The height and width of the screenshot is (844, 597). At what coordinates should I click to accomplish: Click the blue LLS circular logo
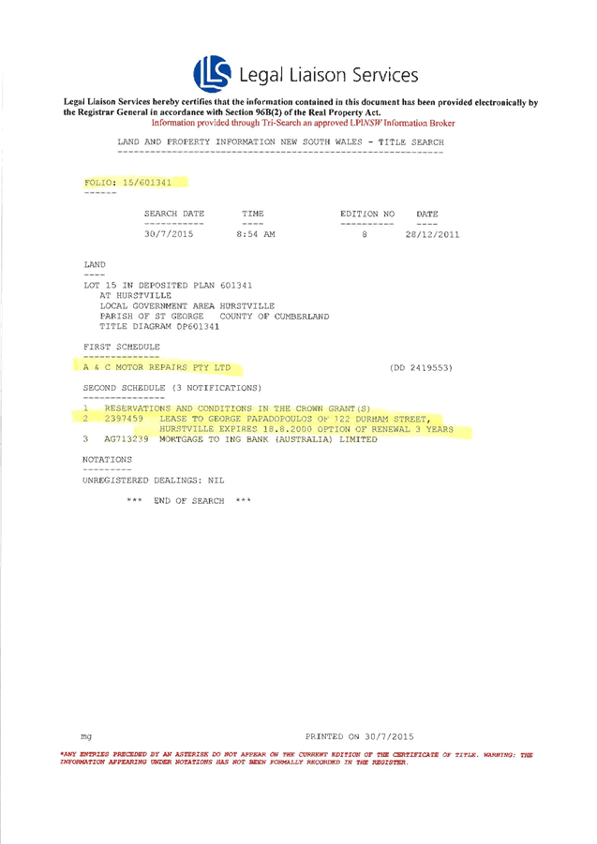[x=212, y=73]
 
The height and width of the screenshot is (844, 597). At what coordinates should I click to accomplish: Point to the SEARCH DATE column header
[x=173, y=215]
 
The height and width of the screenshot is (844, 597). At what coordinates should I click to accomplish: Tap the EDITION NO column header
[x=367, y=215]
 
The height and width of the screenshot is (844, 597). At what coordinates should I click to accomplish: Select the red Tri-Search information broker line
[x=304, y=123]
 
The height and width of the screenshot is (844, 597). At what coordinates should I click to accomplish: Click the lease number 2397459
[x=124, y=419]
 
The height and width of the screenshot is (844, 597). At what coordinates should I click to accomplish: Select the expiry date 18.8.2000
[x=272, y=429]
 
